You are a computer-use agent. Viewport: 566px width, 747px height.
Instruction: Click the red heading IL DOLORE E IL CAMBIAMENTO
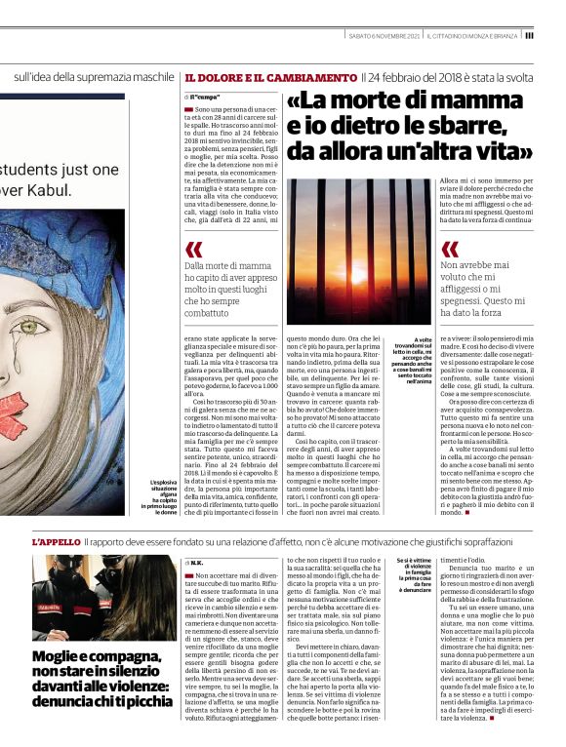coord(270,77)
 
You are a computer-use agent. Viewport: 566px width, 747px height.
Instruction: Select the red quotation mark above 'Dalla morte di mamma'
coord(194,250)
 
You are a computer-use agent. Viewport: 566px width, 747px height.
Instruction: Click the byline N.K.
coord(195,563)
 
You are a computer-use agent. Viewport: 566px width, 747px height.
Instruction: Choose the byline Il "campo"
coord(202,98)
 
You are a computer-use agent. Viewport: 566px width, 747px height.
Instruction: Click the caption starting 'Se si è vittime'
coord(415,574)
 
